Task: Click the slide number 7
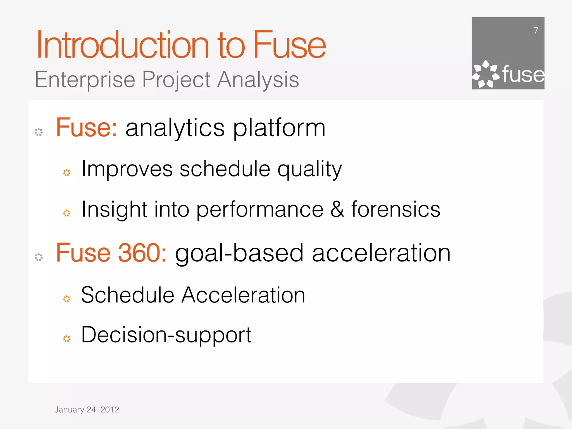pyautogui.click(x=535, y=31)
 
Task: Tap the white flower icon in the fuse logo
pyautogui.click(x=485, y=74)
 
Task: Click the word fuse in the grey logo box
pyautogui.click(x=523, y=75)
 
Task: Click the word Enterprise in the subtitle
pyautogui.click(x=85, y=80)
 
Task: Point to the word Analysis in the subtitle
pyautogui.click(x=258, y=80)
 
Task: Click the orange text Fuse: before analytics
pyautogui.click(x=86, y=128)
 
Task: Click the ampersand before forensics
pyautogui.click(x=337, y=209)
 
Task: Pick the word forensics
pyautogui.click(x=396, y=209)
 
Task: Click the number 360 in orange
pyautogui.click(x=139, y=253)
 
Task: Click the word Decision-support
pyautogui.click(x=166, y=335)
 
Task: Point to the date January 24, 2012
pyautogui.click(x=87, y=410)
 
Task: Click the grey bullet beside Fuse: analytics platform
pyautogui.click(x=39, y=132)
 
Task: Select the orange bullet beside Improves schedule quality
pyautogui.click(x=67, y=173)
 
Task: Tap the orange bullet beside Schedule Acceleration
pyautogui.click(x=67, y=299)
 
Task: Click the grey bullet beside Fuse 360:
pyautogui.click(x=39, y=257)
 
